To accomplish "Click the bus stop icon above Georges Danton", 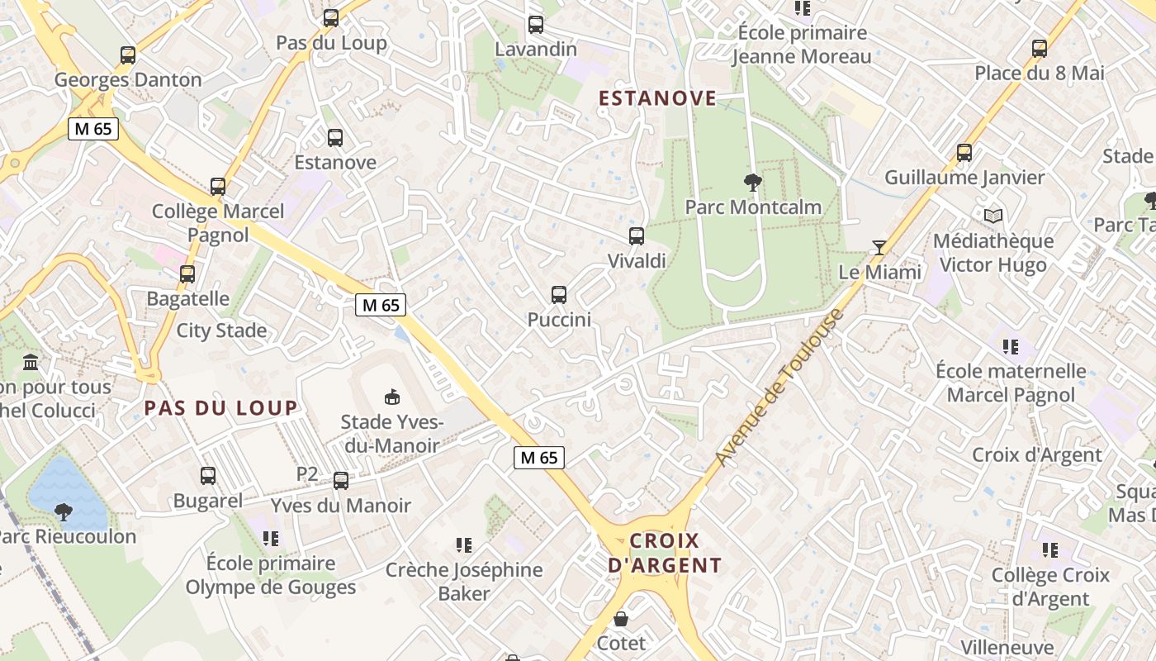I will click(128, 55).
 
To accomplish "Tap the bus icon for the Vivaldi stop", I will click(637, 236).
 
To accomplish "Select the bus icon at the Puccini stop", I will click(559, 295).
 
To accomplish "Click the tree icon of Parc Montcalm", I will click(752, 182).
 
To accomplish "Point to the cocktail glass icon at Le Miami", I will click(879, 247).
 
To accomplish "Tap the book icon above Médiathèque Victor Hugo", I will click(993, 216).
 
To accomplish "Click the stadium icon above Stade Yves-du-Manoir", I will click(392, 397).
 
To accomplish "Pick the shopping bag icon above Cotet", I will click(621, 619).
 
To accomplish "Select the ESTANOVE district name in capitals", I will click(657, 98).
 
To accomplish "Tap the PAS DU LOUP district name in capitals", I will click(220, 407).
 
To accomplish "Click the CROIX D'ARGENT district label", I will click(665, 553).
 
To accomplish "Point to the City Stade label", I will click(221, 330).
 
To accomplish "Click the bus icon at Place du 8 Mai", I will click(1040, 49).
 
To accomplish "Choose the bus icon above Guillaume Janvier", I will click(964, 153).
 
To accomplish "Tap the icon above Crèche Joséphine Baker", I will click(464, 545).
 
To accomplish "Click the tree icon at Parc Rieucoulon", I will click(63, 512).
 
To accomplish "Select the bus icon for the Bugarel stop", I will click(208, 476).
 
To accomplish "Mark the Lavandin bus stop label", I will click(536, 49).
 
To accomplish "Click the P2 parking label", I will click(307, 474).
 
